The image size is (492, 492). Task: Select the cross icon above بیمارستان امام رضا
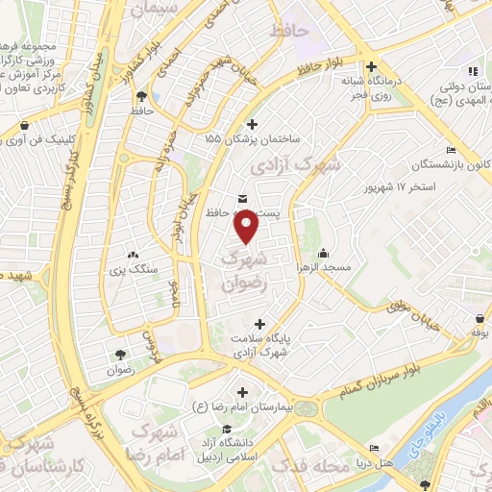coord(241,393)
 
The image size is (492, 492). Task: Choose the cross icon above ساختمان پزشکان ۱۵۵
coord(252,123)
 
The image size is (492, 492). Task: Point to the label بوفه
coord(480,332)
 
